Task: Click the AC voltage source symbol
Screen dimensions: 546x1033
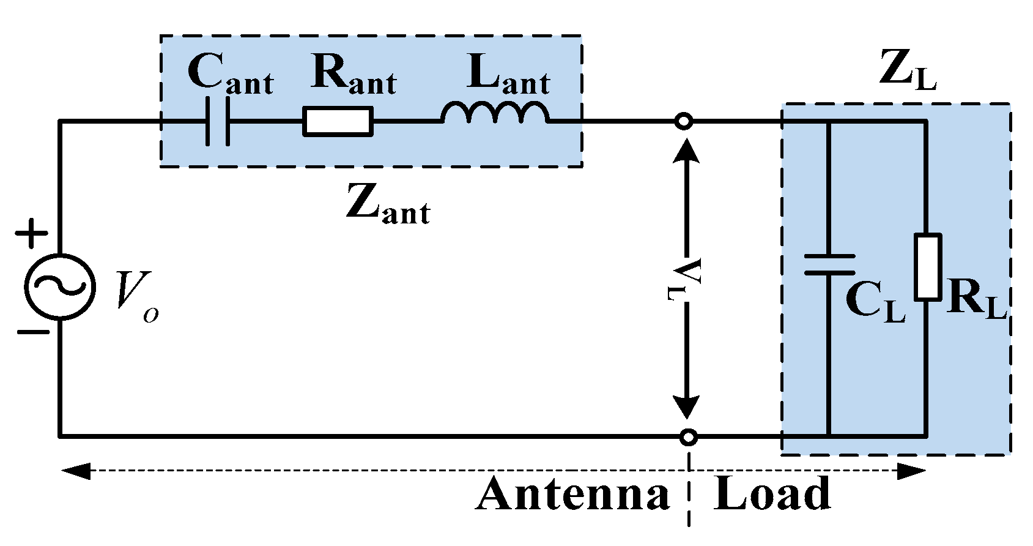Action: click(x=59, y=286)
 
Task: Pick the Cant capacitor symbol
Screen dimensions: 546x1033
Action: click(x=217, y=121)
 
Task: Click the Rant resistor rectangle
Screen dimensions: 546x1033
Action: click(x=338, y=121)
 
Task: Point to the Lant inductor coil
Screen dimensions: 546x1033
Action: click(x=495, y=113)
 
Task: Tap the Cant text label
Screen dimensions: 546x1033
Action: click(x=230, y=75)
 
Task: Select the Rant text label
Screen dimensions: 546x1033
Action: click(x=354, y=75)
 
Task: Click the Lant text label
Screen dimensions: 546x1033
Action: click(x=508, y=75)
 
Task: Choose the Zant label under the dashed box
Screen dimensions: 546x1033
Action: click(x=388, y=204)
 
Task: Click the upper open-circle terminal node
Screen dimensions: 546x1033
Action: click(x=684, y=121)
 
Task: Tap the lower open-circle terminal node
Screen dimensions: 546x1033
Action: click(x=689, y=437)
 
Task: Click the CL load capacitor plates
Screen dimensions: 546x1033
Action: click(x=829, y=264)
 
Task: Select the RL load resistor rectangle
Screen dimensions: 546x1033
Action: click(x=928, y=267)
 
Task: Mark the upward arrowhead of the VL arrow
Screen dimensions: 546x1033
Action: click(x=686, y=151)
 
